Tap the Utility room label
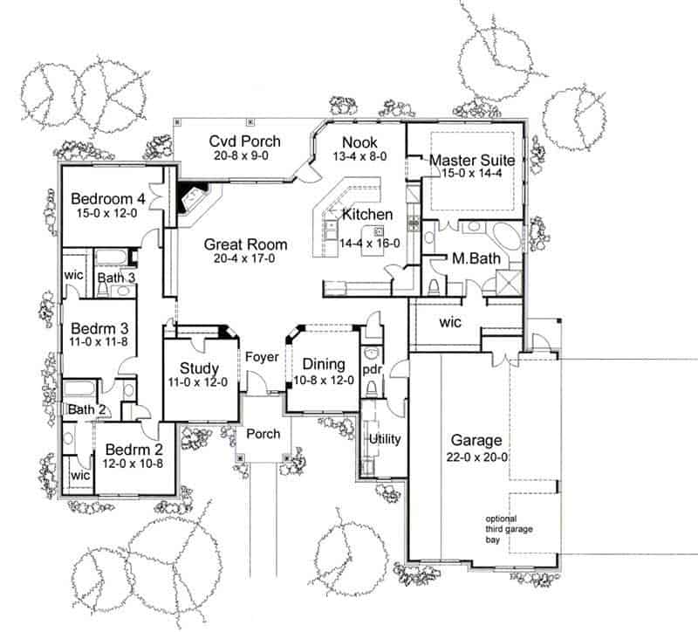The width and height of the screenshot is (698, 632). tap(384, 438)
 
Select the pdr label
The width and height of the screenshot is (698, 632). tap(370, 369)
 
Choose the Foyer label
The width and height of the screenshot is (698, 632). tap(262, 356)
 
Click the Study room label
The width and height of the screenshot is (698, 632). tap(199, 368)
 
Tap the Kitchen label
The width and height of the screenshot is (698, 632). tap(366, 214)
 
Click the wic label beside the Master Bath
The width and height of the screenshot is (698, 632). tap(451, 322)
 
